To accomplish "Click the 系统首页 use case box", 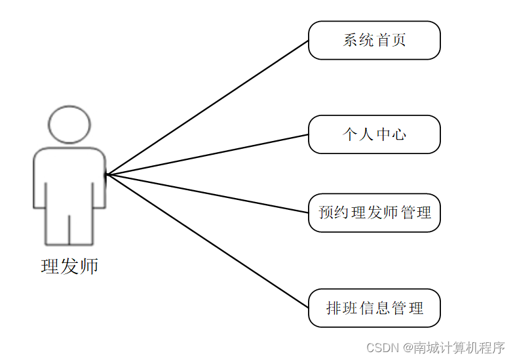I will click(374, 40).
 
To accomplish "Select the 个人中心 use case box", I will click(374, 134).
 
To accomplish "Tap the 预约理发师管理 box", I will click(374, 212).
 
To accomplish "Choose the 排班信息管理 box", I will click(374, 308).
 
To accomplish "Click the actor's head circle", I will click(69, 124).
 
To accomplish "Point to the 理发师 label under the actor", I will click(69, 266).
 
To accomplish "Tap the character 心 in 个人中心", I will click(399, 134).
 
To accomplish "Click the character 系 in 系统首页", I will click(351, 40).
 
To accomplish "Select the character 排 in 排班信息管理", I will click(334, 308).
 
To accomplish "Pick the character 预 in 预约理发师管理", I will click(326, 212).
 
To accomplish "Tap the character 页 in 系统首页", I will click(398, 40).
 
